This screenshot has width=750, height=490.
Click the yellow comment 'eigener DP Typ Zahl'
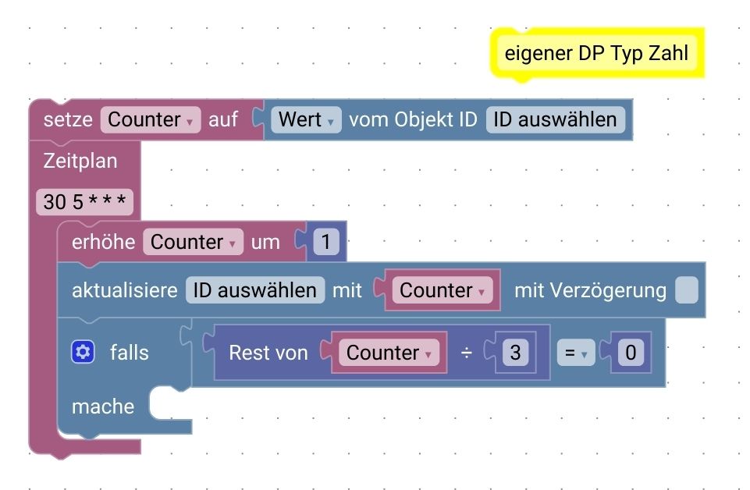pyautogui.click(x=596, y=53)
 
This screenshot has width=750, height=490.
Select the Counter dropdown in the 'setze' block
pyautogui.click(x=151, y=119)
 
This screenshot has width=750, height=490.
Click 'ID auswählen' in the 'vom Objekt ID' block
pyautogui.click(x=555, y=119)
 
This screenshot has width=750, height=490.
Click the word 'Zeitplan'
pyautogui.click(x=80, y=162)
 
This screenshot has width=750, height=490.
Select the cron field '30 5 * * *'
pyautogui.click(x=84, y=203)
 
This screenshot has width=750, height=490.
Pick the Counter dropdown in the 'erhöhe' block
pyautogui.click(x=193, y=242)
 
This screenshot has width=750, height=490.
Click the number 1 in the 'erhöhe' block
pyautogui.click(x=326, y=242)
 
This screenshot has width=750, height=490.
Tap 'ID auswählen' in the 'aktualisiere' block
pyautogui.click(x=255, y=290)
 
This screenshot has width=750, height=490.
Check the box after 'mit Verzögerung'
pyautogui.click(x=686, y=290)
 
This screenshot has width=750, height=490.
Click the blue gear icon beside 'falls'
pyautogui.click(x=83, y=353)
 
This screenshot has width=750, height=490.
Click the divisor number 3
pyautogui.click(x=514, y=353)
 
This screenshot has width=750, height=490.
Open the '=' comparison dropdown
pyautogui.click(x=574, y=353)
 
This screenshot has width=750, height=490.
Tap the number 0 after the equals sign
pyautogui.click(x=631, y=353)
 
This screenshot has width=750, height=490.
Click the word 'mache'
pyautogui.click(x=103, y=407)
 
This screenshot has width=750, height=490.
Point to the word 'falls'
pyautogui.click(x=129, y=353)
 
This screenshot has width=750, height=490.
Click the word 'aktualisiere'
pyautogui.click(x=124, y=290)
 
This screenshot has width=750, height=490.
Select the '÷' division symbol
pyautogui.click(x=466, y=353)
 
